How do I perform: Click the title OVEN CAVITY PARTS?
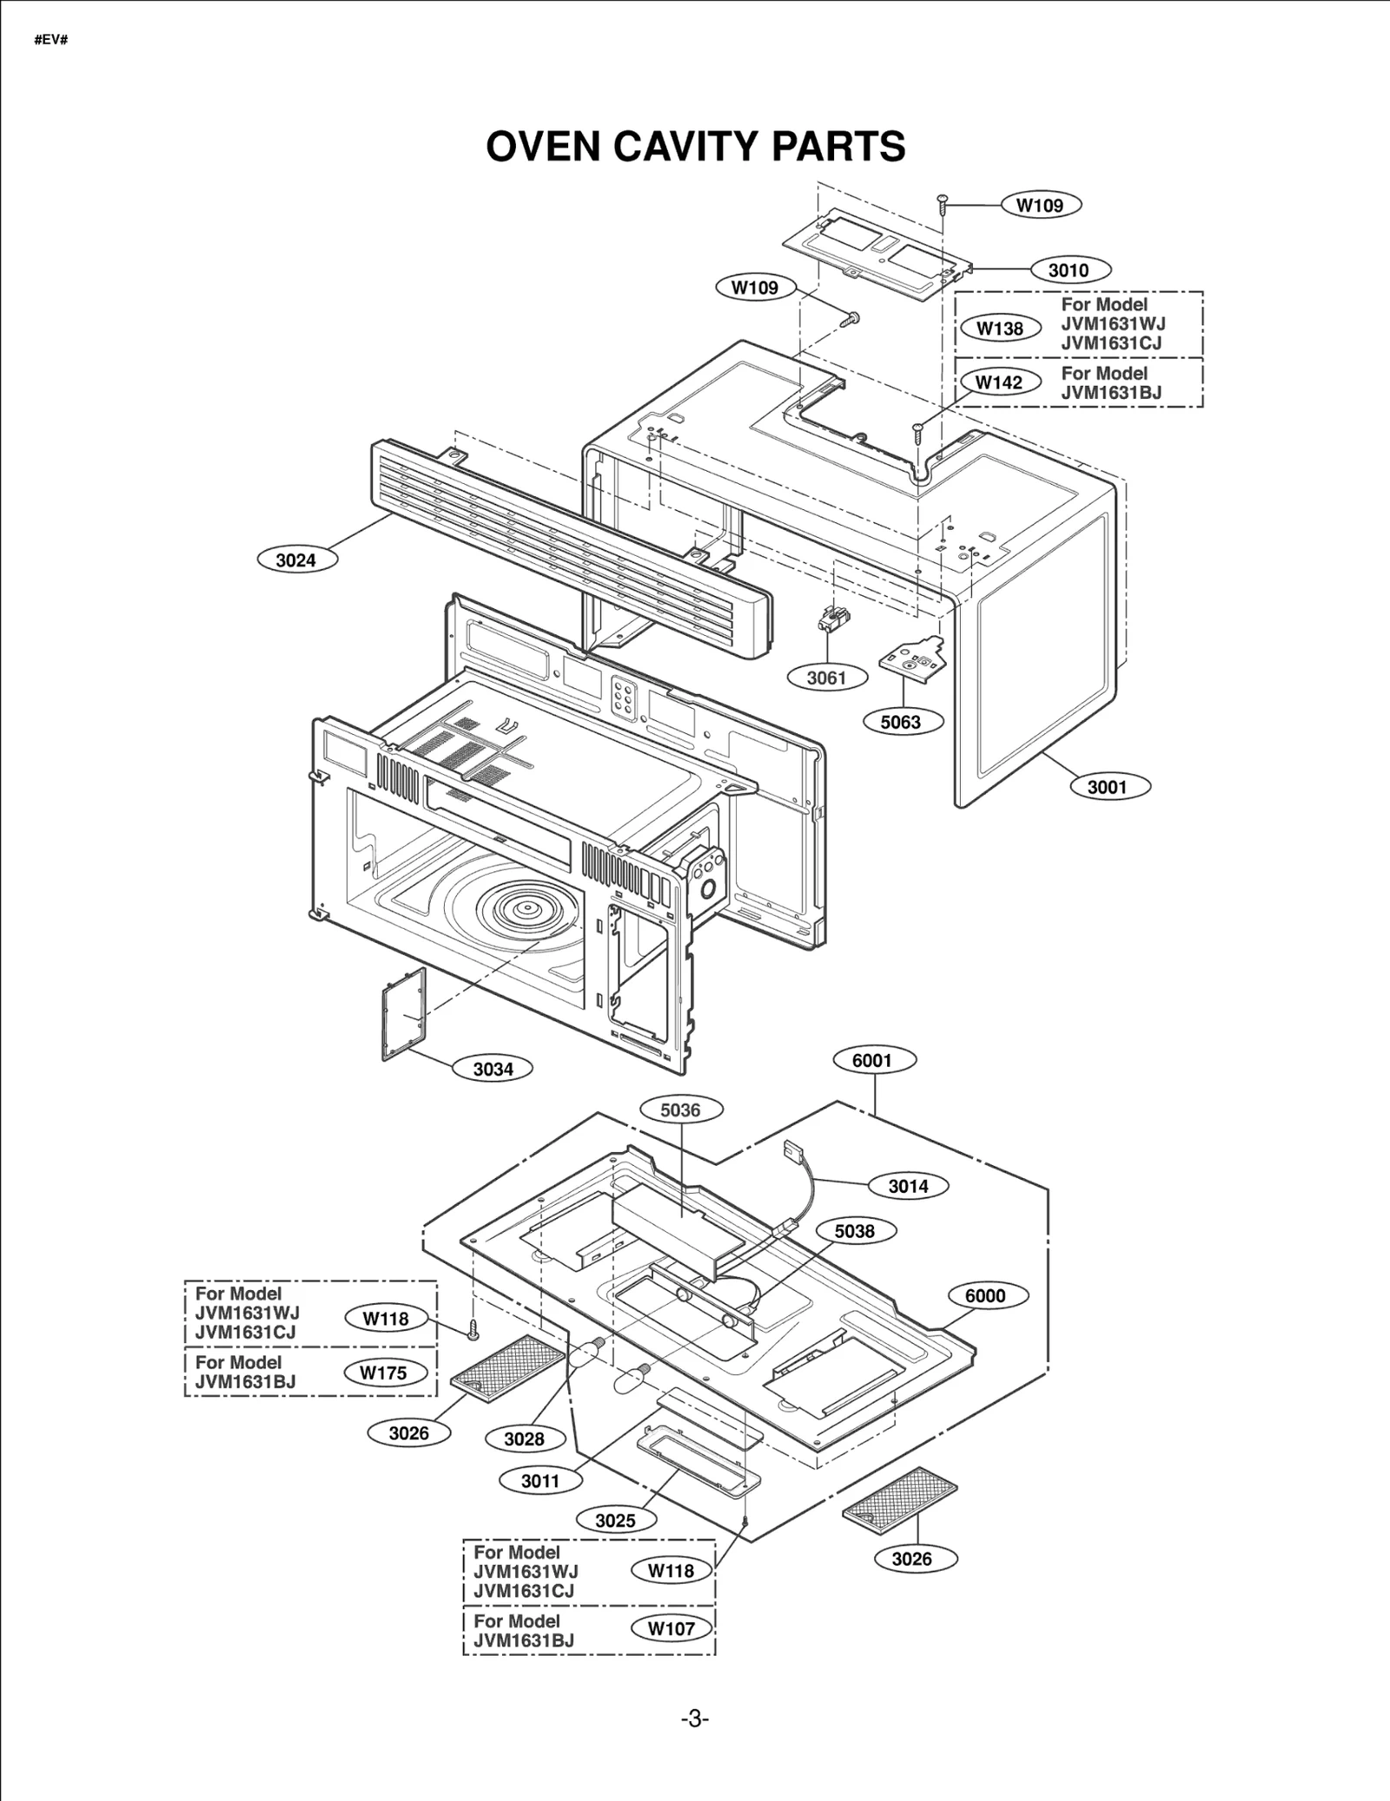pos(695,146)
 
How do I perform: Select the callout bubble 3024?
pos(297,560)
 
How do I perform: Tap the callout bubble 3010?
pos(1069,270)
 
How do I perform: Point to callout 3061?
pos(826,678)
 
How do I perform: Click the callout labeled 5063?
pos(902,722)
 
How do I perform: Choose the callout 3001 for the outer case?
pos(1107,787)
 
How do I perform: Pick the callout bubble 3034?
pos(493,1069)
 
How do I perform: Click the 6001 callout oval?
pos(872,1061)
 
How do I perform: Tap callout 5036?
pos(680,1110)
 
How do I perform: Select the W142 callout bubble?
pos(999,382)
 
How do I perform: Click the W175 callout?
pos(383,1374)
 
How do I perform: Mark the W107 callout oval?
pos(672,1629)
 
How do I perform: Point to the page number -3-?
pos(694,1719)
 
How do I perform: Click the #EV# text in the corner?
pos(51,41)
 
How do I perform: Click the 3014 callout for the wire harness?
pos(908,1186)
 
